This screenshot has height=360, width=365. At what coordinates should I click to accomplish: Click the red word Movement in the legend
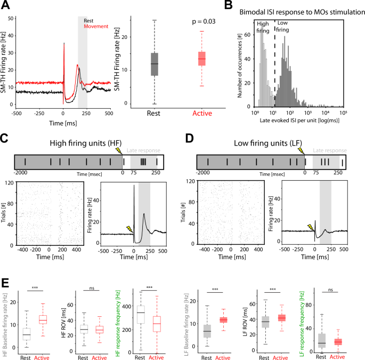(96, 26)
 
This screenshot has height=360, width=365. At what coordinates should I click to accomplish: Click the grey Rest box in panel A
(155, 64)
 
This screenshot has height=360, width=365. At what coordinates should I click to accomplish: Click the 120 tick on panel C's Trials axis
(9, 182)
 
